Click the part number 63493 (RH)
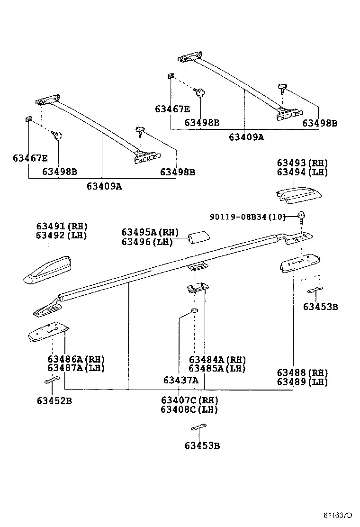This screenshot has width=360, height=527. (x=302, y=163)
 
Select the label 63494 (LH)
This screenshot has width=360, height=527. (x=302, y=172)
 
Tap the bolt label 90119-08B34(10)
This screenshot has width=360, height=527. (x=248, y=217)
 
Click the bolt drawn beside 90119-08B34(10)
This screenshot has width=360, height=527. (x=301, y=218)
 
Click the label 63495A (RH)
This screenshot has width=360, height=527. (x=150, y=232)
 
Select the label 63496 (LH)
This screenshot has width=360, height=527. (x=147, y=242)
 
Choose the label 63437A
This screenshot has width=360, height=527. (x=180, y=380)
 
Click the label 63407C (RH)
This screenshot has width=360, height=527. (x=189, y=400)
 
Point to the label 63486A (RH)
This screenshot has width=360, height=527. (x=76, y=359)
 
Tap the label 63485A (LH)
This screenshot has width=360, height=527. (x=217, y=368)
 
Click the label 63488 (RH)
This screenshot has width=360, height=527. (x=302, y=373)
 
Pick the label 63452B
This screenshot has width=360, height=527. (x=54, y=401)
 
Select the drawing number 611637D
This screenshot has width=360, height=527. (x=338, y=516)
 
